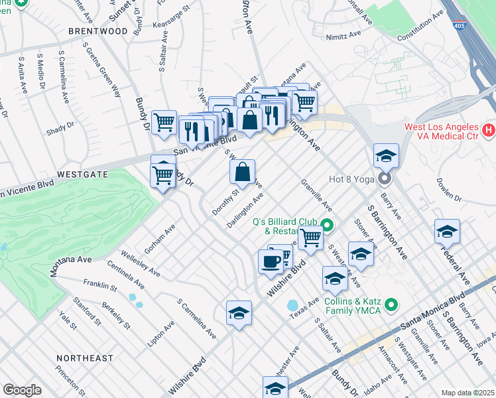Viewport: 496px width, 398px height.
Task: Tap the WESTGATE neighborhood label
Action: (82, 174)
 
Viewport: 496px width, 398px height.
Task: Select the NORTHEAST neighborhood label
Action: (84, 358)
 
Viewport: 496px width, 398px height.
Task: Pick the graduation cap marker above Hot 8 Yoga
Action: (385, 156)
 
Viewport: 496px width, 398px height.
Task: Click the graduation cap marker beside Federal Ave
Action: (447, 232)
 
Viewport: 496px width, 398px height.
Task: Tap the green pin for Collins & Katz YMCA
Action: (391, 305)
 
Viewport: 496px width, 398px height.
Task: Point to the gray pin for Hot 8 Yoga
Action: (385, 179)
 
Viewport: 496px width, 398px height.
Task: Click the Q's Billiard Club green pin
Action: (326, 224)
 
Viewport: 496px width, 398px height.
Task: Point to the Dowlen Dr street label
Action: (449, 188)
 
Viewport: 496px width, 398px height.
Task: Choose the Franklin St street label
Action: (100, 287)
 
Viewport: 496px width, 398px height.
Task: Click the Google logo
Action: (22, 390)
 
